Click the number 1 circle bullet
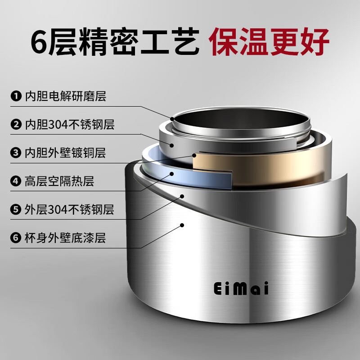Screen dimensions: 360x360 (x=16, y=96)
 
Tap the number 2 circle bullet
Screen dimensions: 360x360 (x=16, y=124)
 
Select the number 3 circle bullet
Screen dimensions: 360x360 (x=16, y=153)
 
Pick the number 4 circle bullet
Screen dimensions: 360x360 (x=16, y=181)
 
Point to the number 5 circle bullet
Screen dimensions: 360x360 (x=16, y=209)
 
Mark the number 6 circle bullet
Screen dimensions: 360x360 (x=16, y=238)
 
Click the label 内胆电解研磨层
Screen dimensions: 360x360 (x=65, y=96)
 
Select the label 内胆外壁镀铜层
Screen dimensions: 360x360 (x=65, y=153)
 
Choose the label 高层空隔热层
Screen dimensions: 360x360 (x=59, y=181)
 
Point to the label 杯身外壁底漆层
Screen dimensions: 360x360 (x=65, y=238)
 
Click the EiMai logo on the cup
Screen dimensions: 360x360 (x=241, y=288)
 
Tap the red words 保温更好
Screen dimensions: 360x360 (x=269, y=41)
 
